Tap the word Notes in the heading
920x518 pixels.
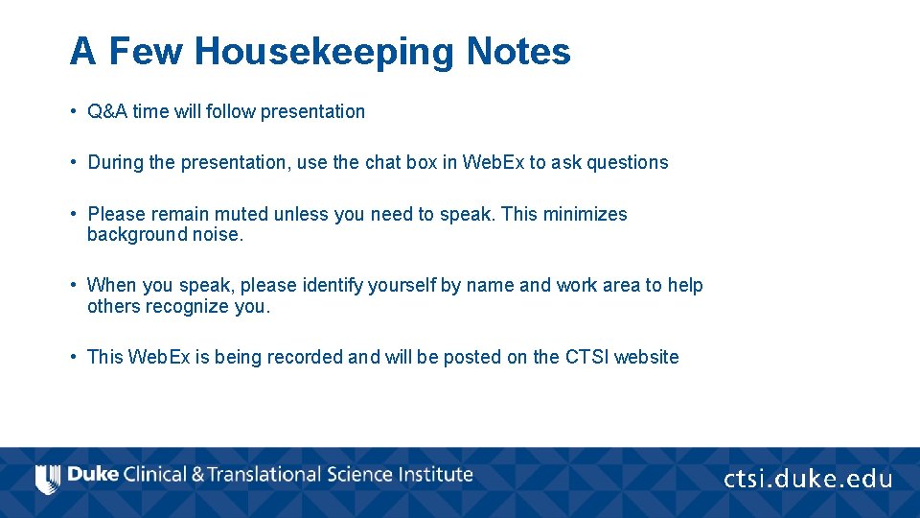(517, 52)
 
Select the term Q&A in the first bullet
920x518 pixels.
(107, 111)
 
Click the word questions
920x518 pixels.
(627, 162)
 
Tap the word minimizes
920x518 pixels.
(585, 214)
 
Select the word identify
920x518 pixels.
(333, 285)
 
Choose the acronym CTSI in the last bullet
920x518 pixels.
(586, 357)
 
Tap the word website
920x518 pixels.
(646, 357)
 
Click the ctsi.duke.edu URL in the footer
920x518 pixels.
(807, 479)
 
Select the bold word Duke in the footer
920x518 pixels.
(93, 475)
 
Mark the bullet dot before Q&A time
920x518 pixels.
(73, 111)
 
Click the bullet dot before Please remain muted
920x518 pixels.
(73, 214)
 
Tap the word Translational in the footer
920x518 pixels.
(264, 475)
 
